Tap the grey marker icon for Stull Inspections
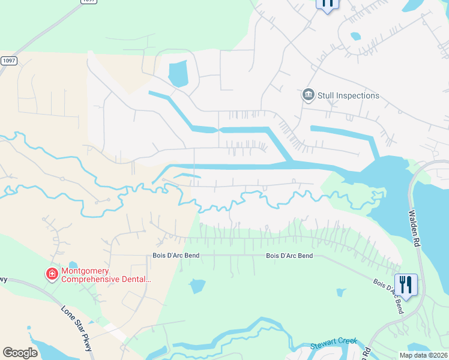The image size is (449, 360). point(308,95)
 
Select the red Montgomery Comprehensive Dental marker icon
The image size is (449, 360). point(52,274)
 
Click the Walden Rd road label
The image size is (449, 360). point(414,228)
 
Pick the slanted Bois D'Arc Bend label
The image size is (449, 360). point(388,296)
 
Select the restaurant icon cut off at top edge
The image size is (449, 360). point(327,4)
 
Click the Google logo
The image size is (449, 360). point(20,353)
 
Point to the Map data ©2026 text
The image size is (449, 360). point(423,355)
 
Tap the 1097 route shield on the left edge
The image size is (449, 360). point(9,61)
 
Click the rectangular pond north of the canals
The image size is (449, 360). point(178,74)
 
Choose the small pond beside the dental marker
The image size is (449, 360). point(73,265)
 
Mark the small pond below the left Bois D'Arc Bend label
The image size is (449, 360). point(197,286)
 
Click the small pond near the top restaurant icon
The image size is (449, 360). point(355,36)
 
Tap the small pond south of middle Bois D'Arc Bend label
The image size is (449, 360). point(340,293)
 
